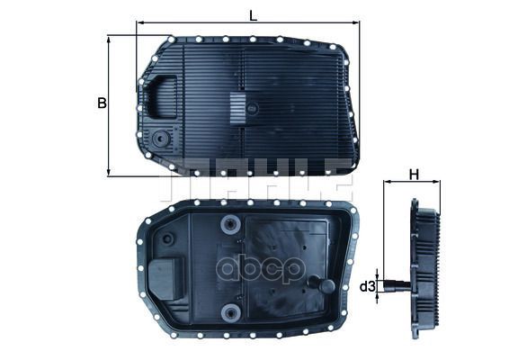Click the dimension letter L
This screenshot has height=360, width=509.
[253, 14]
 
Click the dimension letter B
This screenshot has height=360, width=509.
[102, 103]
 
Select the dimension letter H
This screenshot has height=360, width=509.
[414, 173]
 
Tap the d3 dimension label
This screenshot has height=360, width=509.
[367, 287]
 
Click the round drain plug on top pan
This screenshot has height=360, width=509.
[162, 139]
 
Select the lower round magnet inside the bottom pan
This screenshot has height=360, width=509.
[232, 312]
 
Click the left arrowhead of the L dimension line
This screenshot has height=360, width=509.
[139, 23]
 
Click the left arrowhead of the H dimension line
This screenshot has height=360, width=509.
[388, 183]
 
